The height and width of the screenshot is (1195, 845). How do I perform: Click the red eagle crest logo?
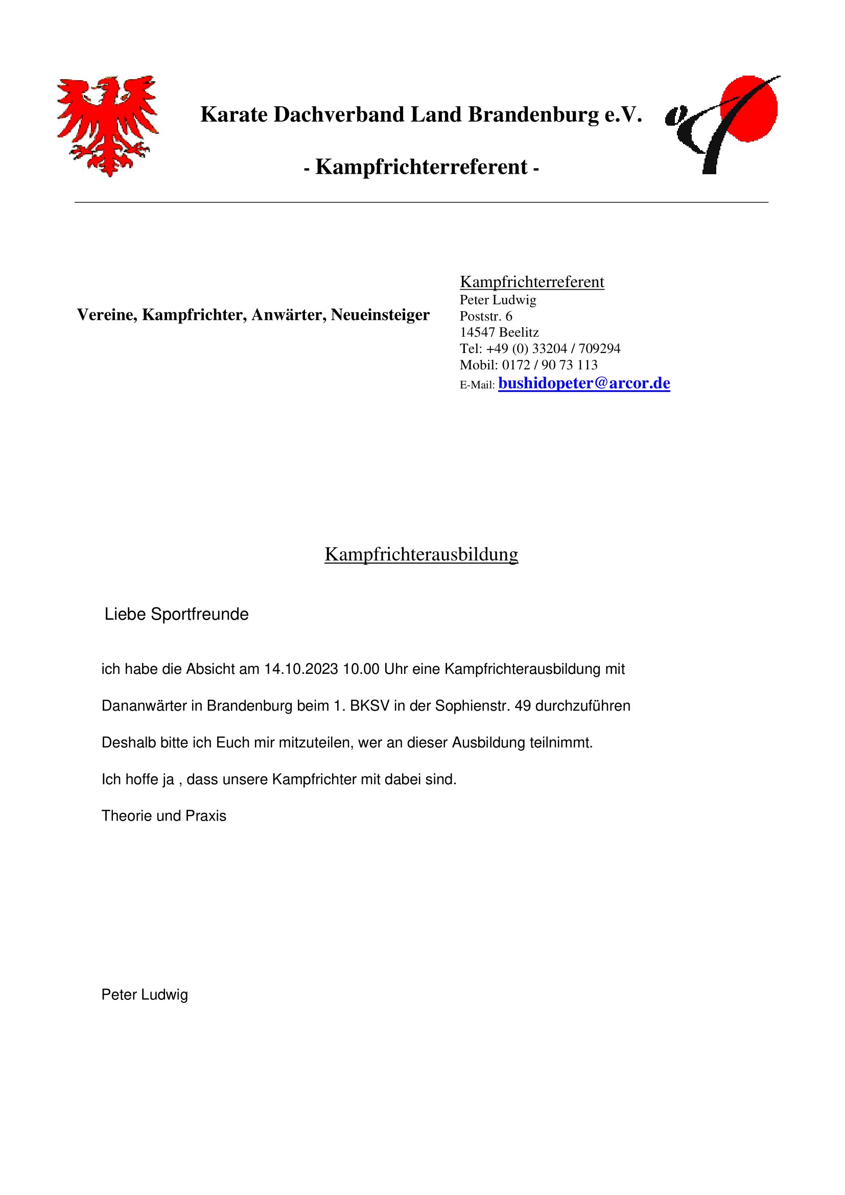click(x=108, y=125)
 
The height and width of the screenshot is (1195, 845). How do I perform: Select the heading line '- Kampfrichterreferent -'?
click(x=421, y=167)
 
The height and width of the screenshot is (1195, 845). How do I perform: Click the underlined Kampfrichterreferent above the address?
click(x=532, y=282)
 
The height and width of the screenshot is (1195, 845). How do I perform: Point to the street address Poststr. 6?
click(x=486, y=316)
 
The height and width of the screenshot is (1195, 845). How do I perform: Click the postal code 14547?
click(x=477, y=332)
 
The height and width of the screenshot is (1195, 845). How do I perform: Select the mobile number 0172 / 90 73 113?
click(x=550, y=364)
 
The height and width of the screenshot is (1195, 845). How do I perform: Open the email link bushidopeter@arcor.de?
click(x=584, y=383)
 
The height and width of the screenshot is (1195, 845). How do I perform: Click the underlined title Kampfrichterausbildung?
click(x=421, y=554)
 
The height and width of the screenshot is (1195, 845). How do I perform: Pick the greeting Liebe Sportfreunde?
click(x=176, y=614)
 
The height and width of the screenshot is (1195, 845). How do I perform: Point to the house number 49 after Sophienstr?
click(x=523, y=706)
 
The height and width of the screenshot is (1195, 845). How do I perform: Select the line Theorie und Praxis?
click(x=164, y=815)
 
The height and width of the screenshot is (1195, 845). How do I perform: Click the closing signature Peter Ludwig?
click(x=145, y=995)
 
